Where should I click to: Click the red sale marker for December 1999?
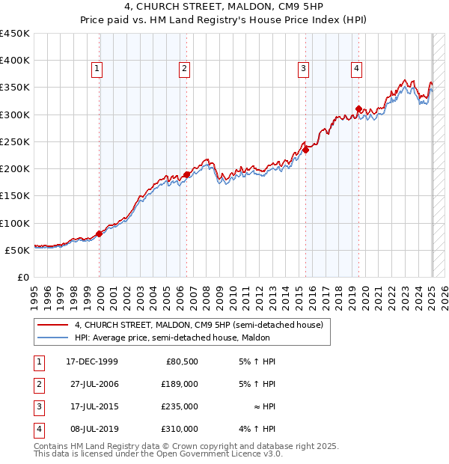point(100,233)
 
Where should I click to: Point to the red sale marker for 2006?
point(186,175)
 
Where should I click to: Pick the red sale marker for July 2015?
point(305,150)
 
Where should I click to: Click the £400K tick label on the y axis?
point(15,61)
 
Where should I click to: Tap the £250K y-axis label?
point(15,141)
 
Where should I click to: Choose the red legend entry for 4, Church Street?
point(198,325)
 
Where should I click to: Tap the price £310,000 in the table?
point(180,429)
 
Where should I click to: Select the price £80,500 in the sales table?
point(182,361)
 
